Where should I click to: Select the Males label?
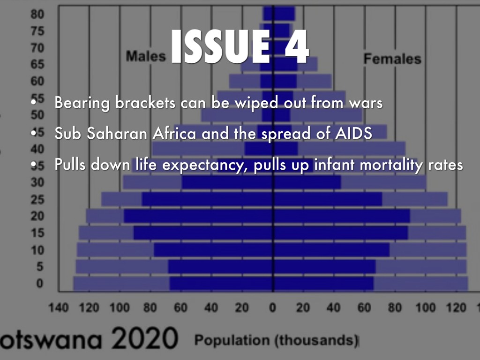[146, 56]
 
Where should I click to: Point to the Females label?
[392, 59]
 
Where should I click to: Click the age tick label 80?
[37, 14]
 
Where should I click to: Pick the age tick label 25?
[37, 200]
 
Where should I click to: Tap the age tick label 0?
[40, 283]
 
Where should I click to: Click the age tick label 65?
[37, 65]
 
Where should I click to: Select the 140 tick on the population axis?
[59, 308]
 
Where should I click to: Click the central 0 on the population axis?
[272, 308]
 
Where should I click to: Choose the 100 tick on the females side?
[426, 308]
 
